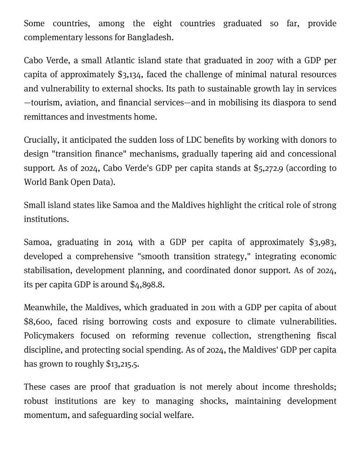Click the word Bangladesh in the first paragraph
tap(150, 37)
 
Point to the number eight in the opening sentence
tap(162, 24)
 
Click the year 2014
tap(124, 242)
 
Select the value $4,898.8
tap(147, 285)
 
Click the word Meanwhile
tap(46, 308)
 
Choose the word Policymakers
tap(49, 336)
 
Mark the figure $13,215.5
tap(122, 364)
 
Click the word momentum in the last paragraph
tap(46, 415)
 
